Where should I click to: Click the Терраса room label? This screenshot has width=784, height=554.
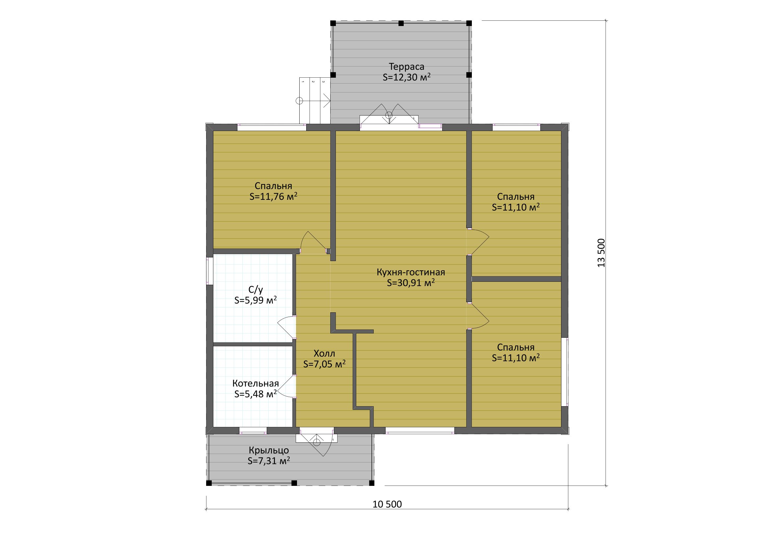(x=406, y=66)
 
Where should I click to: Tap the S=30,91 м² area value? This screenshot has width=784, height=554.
(x=411, y=283)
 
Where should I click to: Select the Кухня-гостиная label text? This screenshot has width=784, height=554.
(x=411, y=272)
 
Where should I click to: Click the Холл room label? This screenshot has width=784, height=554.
(x=324, y=353)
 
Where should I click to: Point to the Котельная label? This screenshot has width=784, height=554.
(x=256, y=383)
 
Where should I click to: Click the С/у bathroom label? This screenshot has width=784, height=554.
(x=256, y=290)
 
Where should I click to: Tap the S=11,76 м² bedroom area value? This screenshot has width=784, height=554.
(x=274, y=196)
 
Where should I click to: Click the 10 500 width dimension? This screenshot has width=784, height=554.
(x=387, y=504)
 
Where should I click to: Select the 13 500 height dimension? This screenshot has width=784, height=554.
(x=601, y=253)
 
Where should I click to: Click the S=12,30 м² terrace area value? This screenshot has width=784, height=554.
(x=406, y=77)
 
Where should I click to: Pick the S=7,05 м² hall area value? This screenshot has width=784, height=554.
(x=324, y=364)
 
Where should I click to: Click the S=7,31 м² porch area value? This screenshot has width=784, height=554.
(x=269, y=461)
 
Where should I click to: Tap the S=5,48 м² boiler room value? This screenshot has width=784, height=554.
(x=256, y=394)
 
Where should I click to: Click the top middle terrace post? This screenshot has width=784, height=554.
(x=401, y=23)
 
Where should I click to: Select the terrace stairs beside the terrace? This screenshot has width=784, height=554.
(x=315, y=101)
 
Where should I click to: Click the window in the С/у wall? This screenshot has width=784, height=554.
(x=210, y=271)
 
